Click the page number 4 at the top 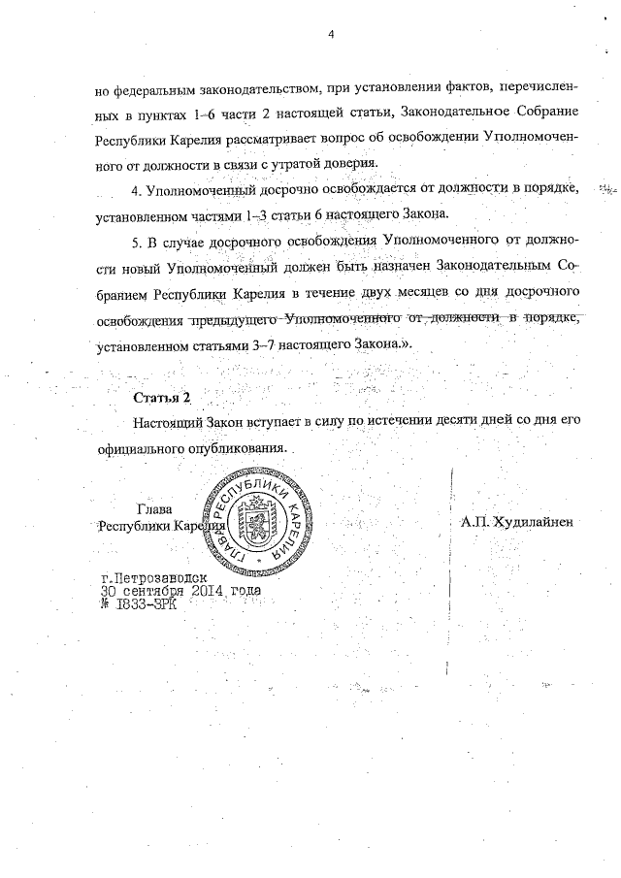pos(331,35)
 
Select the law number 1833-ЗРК pos(142,602)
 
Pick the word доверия pos(347,161)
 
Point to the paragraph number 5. pos(137,239)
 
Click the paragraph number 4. pos(137,186)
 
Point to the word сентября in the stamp pos(154,589)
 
